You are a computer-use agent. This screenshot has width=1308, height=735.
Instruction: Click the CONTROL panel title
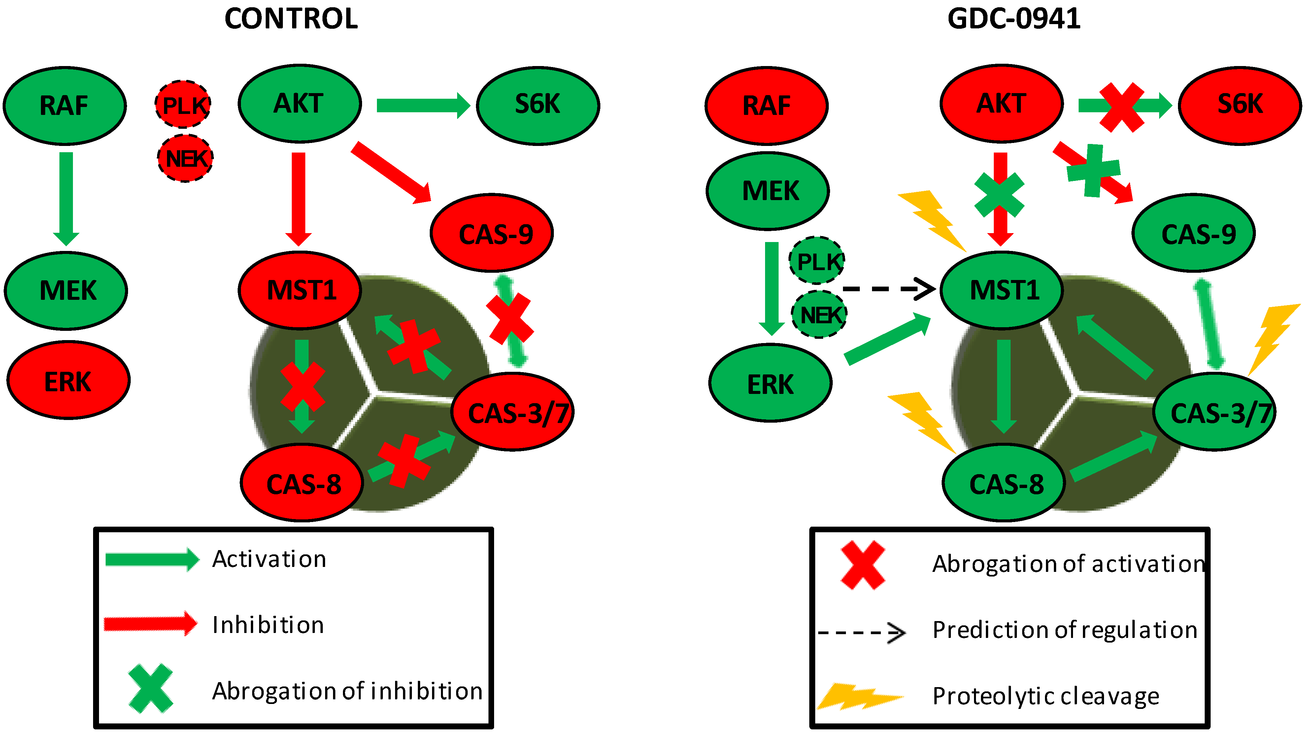pos(291,19)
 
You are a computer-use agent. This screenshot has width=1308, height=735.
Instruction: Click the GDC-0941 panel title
pos(1014,19)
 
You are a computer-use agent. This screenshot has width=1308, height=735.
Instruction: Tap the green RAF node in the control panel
pos(64,106)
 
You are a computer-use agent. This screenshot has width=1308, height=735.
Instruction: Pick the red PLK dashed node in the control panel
pos(183,105)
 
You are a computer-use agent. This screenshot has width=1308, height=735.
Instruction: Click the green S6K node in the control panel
pos(538,105)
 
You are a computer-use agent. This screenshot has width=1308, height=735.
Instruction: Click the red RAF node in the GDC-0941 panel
pos(766,106)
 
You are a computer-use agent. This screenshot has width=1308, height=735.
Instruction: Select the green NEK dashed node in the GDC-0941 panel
pos(819,314)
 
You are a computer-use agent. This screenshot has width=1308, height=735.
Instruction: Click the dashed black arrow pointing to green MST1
pos(889,289)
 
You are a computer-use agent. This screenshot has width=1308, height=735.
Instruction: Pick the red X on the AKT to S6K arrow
pos(1121,108)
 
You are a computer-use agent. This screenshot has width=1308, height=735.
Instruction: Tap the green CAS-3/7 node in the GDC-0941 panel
pos(1215,412)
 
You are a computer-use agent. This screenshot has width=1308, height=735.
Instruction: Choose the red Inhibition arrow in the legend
pos(150,623)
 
